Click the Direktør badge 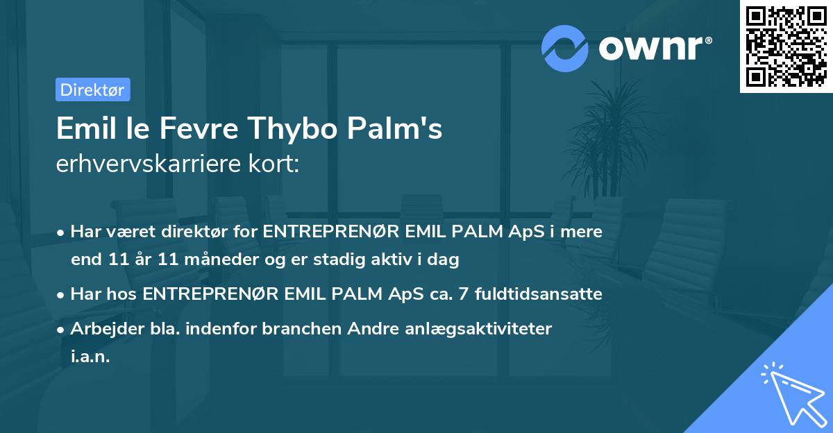tap(92, 90)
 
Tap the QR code tap(786, 46)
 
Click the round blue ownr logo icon tap(565, 48)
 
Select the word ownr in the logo tap(655, 47)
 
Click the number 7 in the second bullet tap(453, 294)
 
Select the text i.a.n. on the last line tap(90, 356)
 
